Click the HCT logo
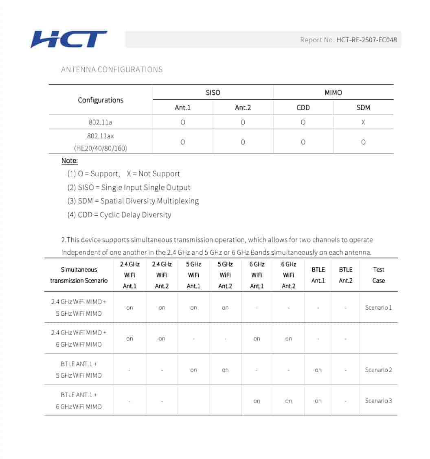click(x=69, y=39)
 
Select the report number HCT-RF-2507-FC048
click(x=366, y=40)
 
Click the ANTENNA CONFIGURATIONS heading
click(x=112, y=70)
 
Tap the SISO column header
click(x=213, y=92)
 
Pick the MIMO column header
click(x=333, y=92)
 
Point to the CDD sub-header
click(x=303, y=107)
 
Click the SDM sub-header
click(x=363, y=107)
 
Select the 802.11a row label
click(x=101, y=122)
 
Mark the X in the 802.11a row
click(x=363, y=122)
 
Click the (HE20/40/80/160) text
click(x=101, y=148)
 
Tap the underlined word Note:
click(x=70, y=161)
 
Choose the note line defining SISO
click(x=129, y=188)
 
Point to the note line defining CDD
click(x=119, y=214)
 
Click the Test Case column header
click(x=379, y=275)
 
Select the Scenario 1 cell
click(x=379, y=308)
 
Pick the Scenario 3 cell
click(x=379, y=401)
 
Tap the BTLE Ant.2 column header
click(x=346, y=275)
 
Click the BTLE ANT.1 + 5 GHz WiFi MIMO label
click(x=79, y=369)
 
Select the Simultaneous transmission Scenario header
click(x=79, y=275)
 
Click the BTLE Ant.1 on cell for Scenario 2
click(x=318, y=370)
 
